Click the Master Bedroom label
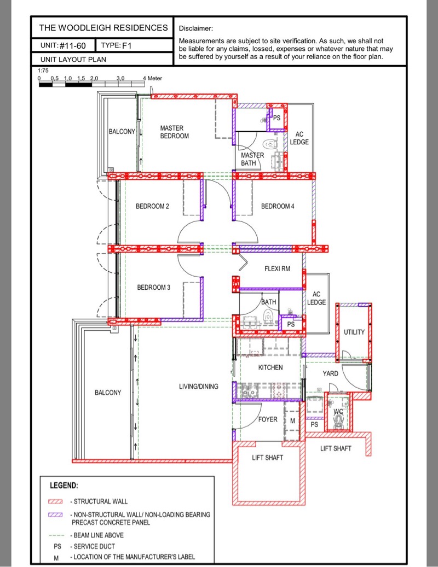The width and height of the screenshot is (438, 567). (x=175, y=132)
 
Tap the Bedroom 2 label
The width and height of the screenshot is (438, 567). (x=152, y=207)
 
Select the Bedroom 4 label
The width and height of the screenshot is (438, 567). (x=278, y=207)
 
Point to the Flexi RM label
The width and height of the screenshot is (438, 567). (x=277, y=268)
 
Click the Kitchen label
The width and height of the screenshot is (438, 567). (x=270, y=367)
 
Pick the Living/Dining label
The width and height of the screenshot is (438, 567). (x=199, y=387)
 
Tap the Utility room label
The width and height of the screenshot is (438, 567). (x=354, y=332)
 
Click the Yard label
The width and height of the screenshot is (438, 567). (x=330, y=373)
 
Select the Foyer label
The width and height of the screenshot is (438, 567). (x=268, y=419)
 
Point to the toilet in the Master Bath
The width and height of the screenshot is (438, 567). (x=270, y=144)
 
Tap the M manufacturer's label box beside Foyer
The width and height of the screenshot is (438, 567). (x=292, y=420)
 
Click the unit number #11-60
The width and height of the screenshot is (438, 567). (x=73, y=45)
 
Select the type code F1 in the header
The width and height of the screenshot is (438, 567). (x=126, y=45)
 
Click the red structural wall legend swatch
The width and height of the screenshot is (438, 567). (x=55, y=501)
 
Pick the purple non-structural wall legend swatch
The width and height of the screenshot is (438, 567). (x=55, y=515)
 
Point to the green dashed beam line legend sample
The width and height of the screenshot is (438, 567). (x=56, y=535)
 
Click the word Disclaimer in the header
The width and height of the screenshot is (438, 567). (x=196, y=28)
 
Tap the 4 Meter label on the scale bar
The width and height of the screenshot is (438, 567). (x=152, y=78)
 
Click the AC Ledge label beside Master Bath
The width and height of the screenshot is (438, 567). (x=299, y=138)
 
